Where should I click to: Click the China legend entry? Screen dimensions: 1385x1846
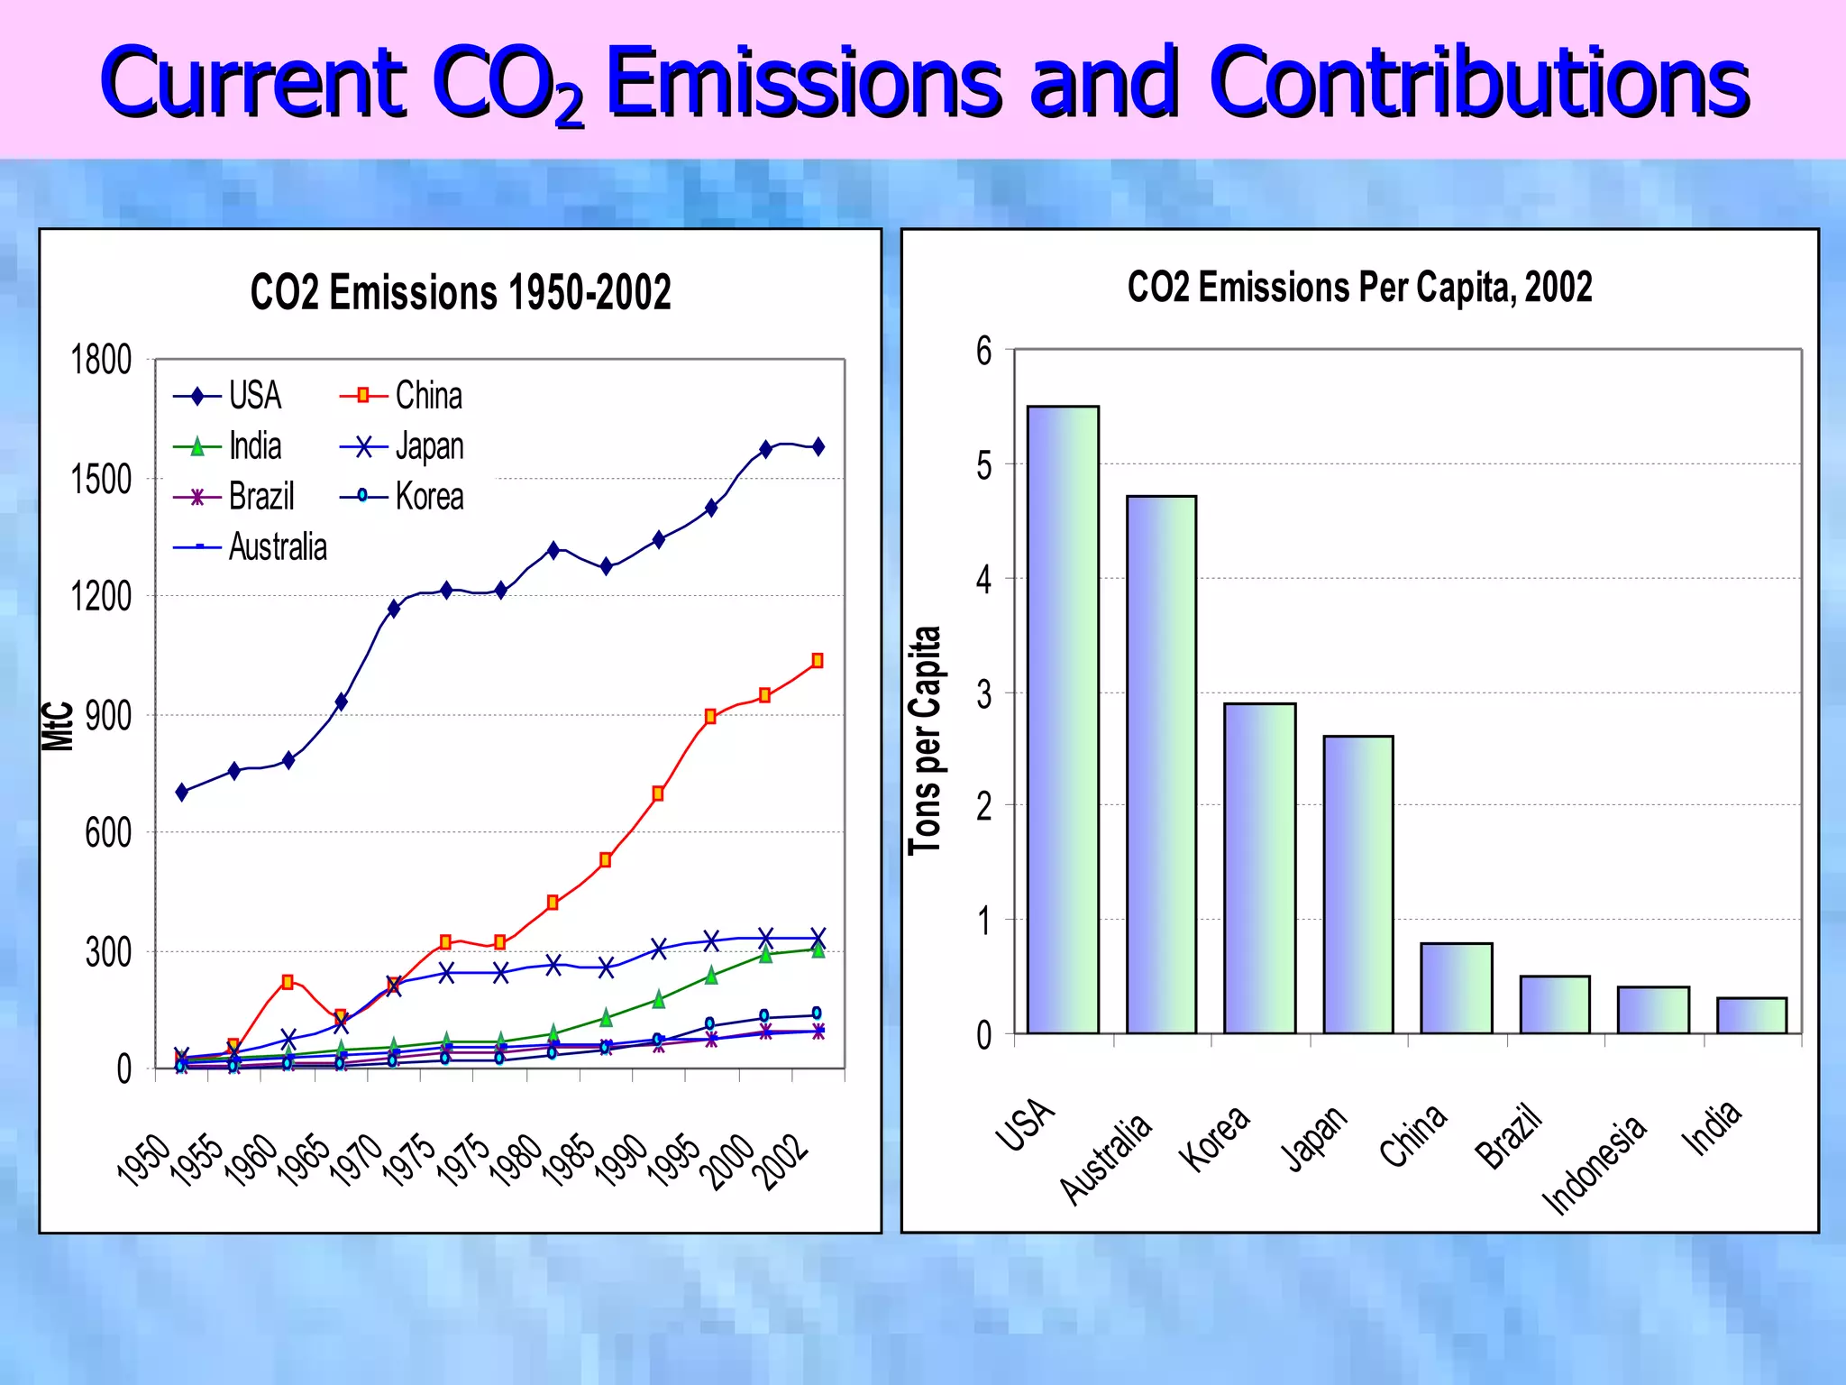[x=402, y=396]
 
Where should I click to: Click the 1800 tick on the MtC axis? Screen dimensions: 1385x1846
[x=101, y=360]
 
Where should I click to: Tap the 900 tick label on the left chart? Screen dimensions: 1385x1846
[x=108, y=716]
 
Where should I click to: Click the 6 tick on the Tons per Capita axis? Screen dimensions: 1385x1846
[x=983, y=351]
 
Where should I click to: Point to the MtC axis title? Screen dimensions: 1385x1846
[x=58, y=726]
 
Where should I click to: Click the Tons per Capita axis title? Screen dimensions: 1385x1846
[x=925, y=739]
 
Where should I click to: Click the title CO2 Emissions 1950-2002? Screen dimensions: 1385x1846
[x=461, y=292]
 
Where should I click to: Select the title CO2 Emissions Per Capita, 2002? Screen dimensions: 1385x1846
[x=1359, y=287]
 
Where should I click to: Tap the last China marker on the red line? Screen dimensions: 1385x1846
[x=818, y=661]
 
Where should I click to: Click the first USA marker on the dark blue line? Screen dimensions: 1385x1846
[x=182, y=792]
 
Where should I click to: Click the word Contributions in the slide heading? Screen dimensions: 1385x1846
[x=1478, y=83]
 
